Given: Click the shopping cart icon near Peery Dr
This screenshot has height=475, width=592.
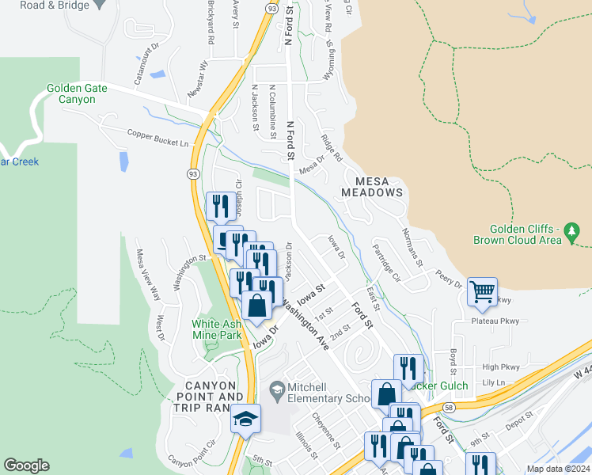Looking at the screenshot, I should (481, 292).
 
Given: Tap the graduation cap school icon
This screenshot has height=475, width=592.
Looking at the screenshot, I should (245, 417).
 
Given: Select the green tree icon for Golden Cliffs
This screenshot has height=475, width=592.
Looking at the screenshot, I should (572, 232).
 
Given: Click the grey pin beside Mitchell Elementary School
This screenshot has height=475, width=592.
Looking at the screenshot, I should (277, 389).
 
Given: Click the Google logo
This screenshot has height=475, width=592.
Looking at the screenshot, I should (26, 465).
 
